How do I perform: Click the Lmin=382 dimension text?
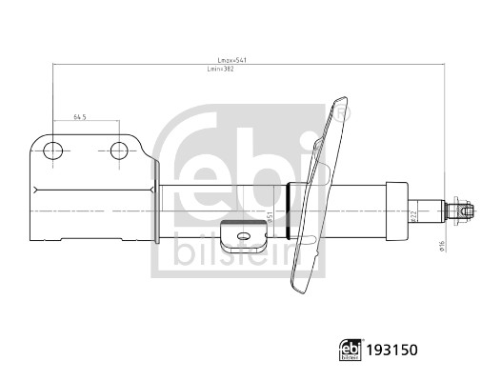[x=221, y=70]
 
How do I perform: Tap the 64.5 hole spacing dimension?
[x=80, y=118]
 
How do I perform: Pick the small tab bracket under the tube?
[x=240, y=232]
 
